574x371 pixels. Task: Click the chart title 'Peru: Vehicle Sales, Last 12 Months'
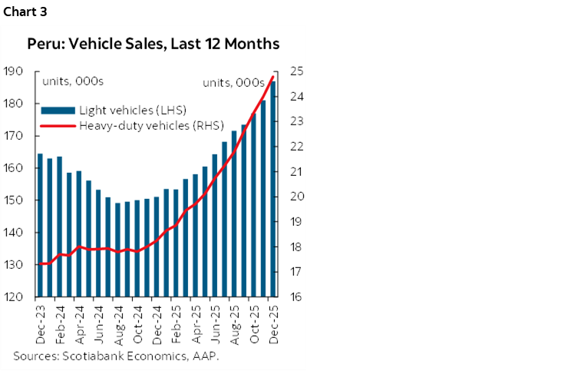[153, 44]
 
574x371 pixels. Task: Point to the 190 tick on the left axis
[12, 71]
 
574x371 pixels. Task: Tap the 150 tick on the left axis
[12, 200]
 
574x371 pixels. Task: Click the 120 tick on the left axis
[12, 297]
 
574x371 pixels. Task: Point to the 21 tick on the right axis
[295, 172]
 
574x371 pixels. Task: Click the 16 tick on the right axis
[295, 297]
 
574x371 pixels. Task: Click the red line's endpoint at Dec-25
[273, 76]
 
